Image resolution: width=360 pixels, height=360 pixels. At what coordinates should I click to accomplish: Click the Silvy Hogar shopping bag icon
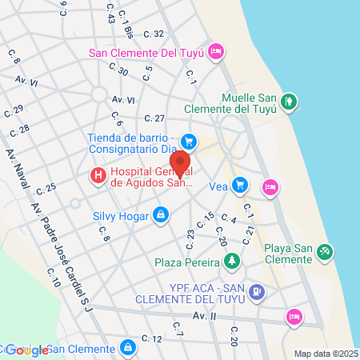click(162, 214)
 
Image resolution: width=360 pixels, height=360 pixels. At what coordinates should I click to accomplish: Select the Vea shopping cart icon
click(240, 186)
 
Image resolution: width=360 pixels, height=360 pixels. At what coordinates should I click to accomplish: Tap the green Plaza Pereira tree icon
click(231, 261)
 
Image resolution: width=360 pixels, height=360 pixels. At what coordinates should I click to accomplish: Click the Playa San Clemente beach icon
click(325, 252)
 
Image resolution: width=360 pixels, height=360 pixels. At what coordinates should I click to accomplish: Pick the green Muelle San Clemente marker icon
click(290, 102)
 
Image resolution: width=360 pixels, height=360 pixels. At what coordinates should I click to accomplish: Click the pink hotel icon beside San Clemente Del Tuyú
click(214, 53)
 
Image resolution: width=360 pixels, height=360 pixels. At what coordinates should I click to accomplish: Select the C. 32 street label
click(153, 34)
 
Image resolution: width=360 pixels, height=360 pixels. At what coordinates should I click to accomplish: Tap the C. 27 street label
click(154, 118)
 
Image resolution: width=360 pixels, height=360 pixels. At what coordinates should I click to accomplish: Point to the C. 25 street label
click(46, 190)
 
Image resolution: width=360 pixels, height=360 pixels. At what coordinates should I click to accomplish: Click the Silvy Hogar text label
click(122, 216)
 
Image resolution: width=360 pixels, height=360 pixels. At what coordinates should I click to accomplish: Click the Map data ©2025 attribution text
click(326, 354)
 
